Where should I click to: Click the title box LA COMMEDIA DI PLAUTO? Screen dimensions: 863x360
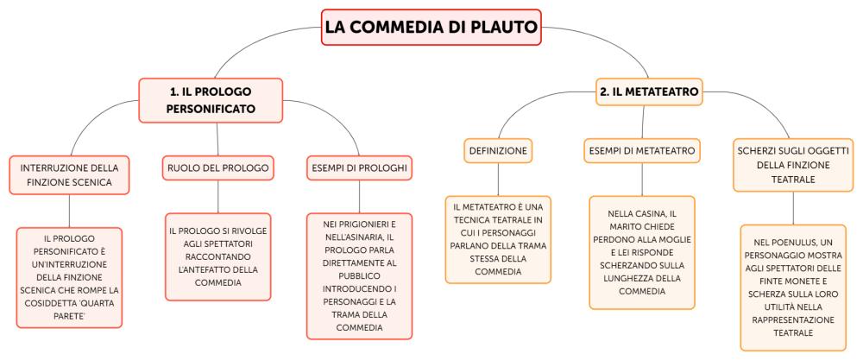coord(431,27)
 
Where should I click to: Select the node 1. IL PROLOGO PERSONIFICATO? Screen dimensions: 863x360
coord(211,99)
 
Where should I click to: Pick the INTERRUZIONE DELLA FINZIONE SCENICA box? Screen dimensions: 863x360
coord(69,175)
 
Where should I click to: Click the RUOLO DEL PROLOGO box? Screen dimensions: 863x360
coord(218,167)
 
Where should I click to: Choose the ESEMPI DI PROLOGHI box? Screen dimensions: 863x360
coord(359,167)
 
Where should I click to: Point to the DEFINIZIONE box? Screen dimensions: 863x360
coord(498,150)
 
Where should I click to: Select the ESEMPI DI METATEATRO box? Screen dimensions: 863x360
coord(642,150)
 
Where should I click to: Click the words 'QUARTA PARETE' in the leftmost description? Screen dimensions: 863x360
coord(70,309)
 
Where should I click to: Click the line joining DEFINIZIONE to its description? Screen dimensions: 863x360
coord(498,180)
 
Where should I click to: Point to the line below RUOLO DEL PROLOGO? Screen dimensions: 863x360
coord(218,197)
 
